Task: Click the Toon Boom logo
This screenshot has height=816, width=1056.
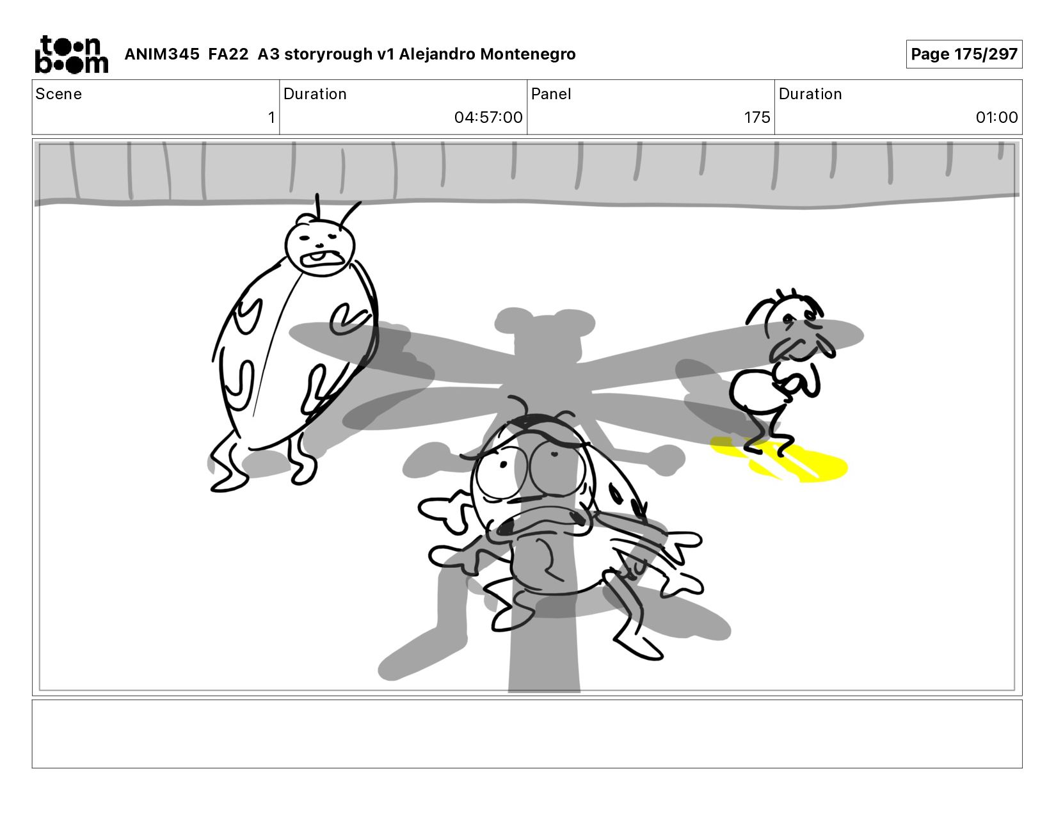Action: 72,54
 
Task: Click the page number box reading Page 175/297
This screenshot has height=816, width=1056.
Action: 964,54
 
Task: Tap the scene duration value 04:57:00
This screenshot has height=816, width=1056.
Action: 488,117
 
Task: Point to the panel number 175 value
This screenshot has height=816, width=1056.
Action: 757,117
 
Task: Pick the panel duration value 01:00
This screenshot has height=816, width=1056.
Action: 996,117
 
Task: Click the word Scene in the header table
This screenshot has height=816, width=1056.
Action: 59,94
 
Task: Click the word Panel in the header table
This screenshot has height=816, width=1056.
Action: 551,94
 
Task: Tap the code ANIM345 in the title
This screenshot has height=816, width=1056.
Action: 162,54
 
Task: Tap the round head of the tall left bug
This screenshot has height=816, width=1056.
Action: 320,248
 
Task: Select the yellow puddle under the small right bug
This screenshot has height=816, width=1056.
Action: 780,460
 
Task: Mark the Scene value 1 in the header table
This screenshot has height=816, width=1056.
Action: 271,117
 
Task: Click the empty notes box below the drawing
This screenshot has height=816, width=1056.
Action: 527,734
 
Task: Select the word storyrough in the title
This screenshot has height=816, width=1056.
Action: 328,54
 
